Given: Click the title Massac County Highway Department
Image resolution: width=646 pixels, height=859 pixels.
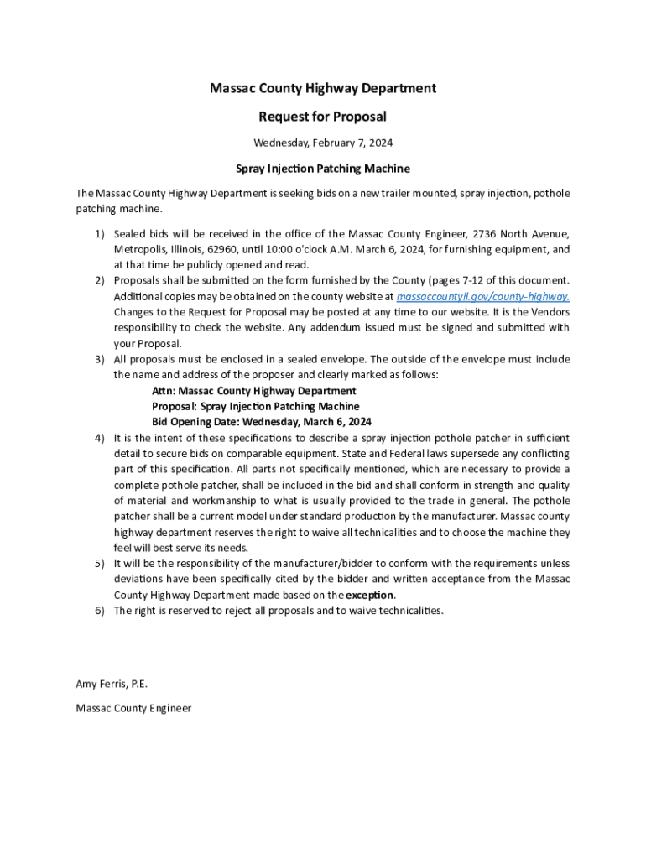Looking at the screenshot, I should click(323, 88).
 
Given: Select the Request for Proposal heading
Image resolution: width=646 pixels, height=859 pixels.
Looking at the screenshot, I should click(323, 117).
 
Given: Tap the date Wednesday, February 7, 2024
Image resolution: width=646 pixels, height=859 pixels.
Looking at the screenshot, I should click(323, 143).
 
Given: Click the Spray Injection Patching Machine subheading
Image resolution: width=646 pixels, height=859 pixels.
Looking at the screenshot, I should click(323, 169).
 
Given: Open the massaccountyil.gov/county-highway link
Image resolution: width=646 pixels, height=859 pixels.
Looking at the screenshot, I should click(483, 297).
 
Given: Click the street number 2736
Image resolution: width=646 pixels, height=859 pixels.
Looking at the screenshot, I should click(485, 234).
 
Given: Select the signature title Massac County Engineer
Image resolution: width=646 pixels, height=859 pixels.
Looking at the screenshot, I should click(133, 708).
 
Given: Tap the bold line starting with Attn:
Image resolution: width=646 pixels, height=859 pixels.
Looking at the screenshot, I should click(253, 391).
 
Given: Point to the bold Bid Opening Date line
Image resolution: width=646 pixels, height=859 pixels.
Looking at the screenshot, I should click(261, 422).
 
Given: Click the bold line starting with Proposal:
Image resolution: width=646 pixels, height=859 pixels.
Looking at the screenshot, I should click(255, 407).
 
